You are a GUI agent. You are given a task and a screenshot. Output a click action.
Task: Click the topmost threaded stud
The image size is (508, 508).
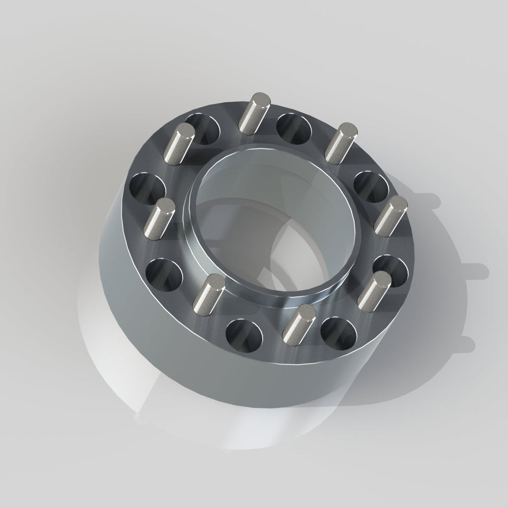254,113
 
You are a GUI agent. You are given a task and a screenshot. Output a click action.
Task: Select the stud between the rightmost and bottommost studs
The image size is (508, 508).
373,291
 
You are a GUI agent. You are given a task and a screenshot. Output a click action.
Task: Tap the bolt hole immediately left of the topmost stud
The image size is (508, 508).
204,128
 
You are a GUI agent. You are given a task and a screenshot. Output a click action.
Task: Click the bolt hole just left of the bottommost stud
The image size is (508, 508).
244,335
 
